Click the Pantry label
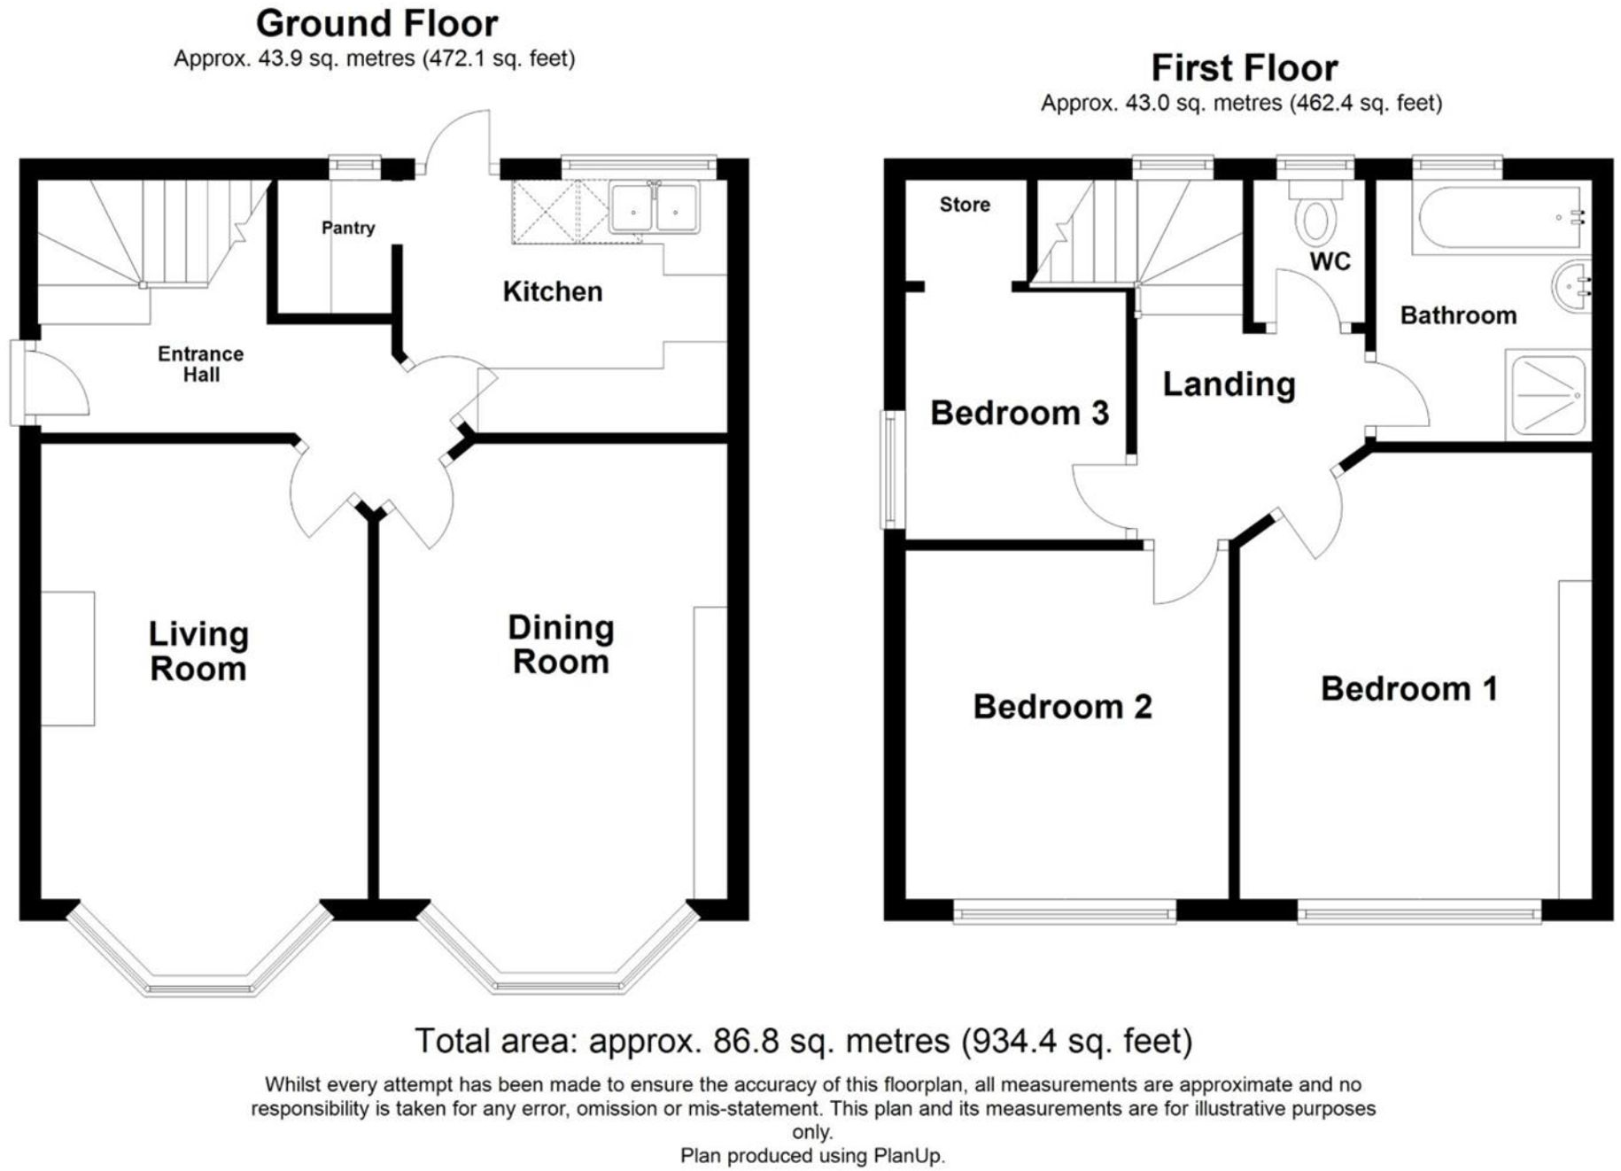coord(347,229)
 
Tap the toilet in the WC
coord(1316,217)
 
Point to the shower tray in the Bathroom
coord(1548,394)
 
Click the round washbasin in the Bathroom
coord(1571,286)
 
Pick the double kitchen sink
coord(654,209)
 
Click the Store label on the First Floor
coord(964,205)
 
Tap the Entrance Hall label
coord(201,364)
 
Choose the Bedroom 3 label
coord(1019,413)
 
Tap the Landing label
coord(1228,384)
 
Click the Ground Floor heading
coord(376,23)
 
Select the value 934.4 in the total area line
coord(1012,1041)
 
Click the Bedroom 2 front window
coord(1064,911)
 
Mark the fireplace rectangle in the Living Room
coord(67,658)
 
